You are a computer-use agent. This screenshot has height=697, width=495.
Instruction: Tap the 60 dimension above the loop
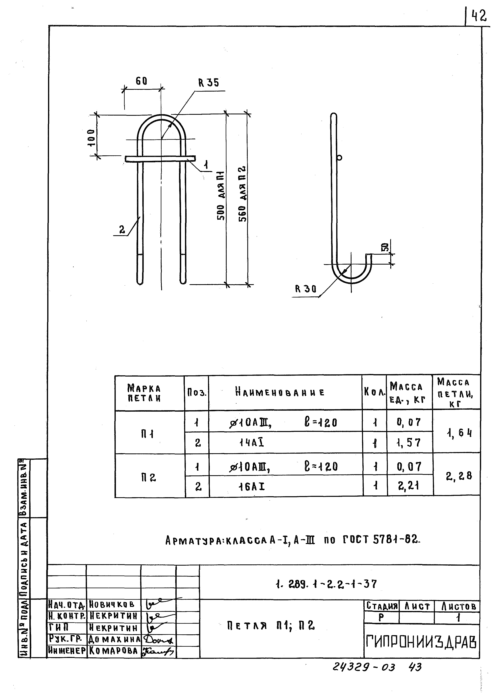point(142,81)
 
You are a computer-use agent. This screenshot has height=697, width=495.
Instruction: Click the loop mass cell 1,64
point(459,432)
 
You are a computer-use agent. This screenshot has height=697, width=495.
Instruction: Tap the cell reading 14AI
point(251,443)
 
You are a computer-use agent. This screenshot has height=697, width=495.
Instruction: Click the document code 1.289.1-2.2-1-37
point(326,584)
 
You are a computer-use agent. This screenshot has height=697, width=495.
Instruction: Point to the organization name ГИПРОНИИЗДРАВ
point(421,642)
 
